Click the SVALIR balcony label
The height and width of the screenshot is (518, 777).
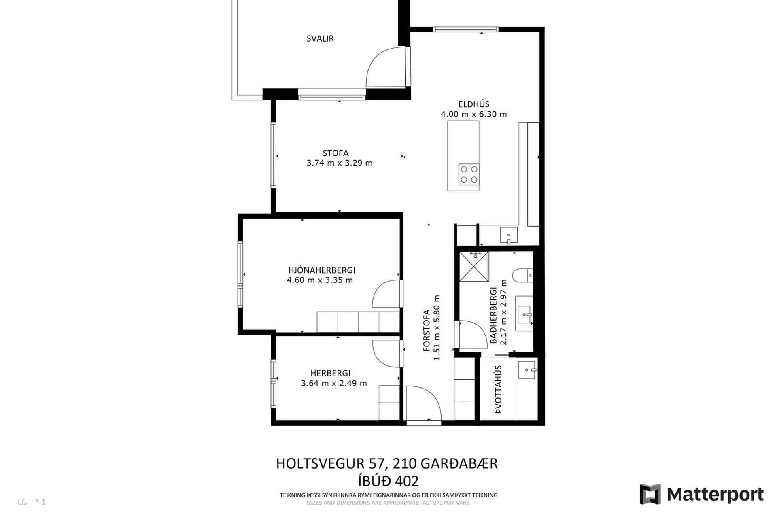click(320, 39)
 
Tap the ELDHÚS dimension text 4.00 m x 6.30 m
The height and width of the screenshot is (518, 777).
click(473, 114)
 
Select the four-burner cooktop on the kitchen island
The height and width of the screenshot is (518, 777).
click(469, 174)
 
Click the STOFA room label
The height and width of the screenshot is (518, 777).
click(335, 153)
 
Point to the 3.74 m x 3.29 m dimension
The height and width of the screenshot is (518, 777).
click(340, 163)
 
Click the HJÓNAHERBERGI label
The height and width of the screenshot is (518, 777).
click(321, 270)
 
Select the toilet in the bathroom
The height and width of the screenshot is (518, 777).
click(522, 276)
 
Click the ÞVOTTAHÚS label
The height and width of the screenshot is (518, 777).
click(498, 389)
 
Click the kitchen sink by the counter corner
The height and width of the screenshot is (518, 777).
click(509, 235)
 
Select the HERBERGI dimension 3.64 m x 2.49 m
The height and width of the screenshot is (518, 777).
click(334, 383)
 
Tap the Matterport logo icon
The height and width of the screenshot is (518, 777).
click(650, 494)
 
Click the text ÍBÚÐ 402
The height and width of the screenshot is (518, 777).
click(388, 481)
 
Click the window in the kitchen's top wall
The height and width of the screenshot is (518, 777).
click(465, 29)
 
